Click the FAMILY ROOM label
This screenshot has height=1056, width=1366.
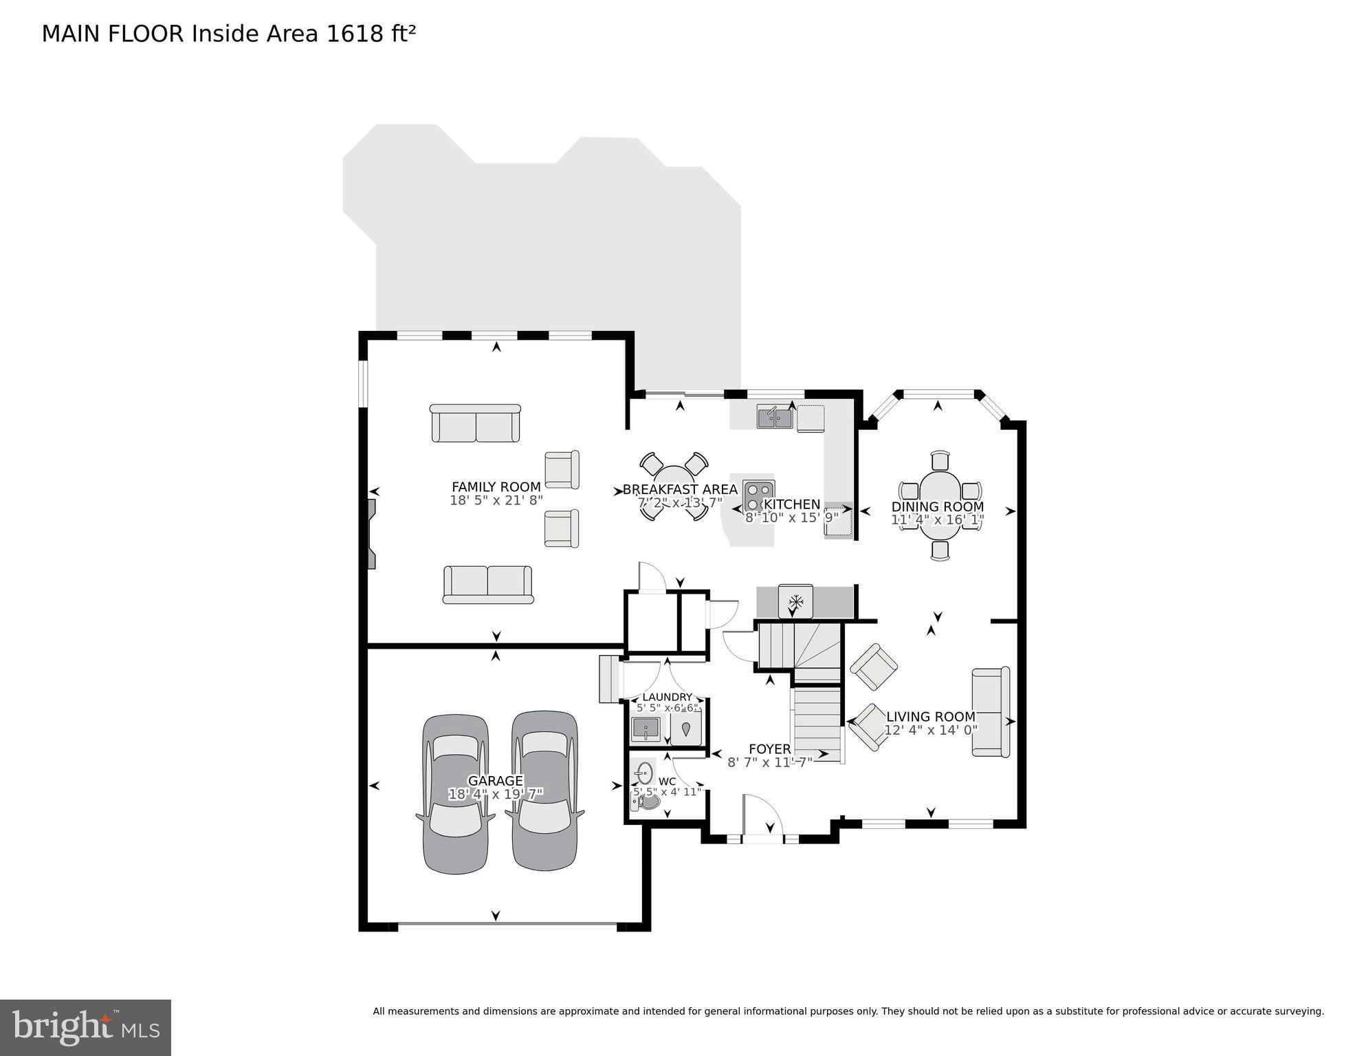(x=496, y=487)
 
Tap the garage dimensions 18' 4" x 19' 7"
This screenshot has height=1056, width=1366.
(x=496, y=795)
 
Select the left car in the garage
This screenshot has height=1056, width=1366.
(x=456, y=794)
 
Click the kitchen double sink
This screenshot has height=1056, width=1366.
(x=775, y=417)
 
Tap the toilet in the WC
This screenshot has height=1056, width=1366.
(x=647, y=801)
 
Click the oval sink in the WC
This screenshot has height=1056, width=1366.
(x=643, y=773)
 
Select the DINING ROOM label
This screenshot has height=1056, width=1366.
(x=938, y=506)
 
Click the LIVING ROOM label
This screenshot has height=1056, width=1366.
(x=931, y=717)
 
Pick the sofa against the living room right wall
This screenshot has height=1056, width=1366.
(x=991, y=712)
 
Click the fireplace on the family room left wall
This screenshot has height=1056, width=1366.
(x=372, y=534)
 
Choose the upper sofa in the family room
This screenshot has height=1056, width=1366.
(x=475, y=424)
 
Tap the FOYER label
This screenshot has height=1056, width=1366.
(x=769, y=748)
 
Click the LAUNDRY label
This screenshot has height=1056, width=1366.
(x=667, y=697)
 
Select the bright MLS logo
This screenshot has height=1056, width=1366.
(x=85, y=1028)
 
